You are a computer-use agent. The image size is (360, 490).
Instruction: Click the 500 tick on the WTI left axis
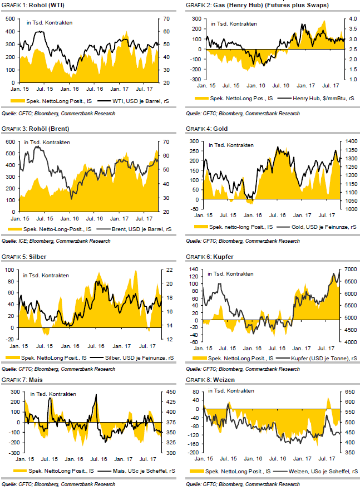pyautogui.click(x=11, y=18)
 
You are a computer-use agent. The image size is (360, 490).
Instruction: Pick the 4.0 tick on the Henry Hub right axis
pyautogui.click(x=352, y=19)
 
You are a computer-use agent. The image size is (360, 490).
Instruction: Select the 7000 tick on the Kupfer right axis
pyautogui.click(x=350, y=269)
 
